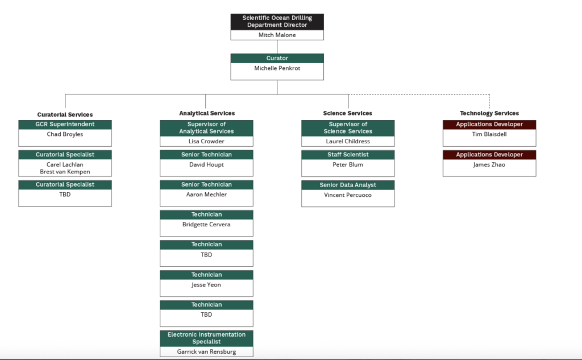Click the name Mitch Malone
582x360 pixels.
277,35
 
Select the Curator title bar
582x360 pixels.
277,58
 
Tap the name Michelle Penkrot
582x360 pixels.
277,68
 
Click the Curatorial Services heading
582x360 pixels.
65,114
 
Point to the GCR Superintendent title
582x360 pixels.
65,124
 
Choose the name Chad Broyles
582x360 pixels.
65,135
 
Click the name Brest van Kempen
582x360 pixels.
65,172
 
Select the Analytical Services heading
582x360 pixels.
206,113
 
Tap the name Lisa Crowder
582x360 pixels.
206,142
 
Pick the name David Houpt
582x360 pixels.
206,165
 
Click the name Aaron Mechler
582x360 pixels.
206,195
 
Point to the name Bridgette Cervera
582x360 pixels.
206,225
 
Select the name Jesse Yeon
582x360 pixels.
206,285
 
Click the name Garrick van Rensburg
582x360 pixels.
206,351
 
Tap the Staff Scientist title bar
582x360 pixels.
348,155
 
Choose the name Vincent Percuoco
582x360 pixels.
348,195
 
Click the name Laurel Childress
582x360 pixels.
348,142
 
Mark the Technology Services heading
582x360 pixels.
489,113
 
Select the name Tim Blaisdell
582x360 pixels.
489,135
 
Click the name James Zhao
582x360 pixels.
489,165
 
